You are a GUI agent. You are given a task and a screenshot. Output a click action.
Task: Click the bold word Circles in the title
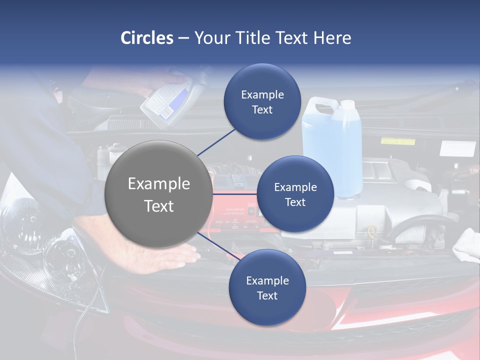tap(146, 38)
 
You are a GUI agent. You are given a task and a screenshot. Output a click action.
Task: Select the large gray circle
tap(158, 194)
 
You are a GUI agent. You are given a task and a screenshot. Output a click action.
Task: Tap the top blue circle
tap(262, 102)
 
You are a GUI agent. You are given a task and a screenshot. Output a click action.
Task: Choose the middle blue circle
tap(295, 194)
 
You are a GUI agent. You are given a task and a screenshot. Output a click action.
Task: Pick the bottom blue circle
tap(267, 287)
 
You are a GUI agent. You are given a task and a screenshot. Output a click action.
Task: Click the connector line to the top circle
tap(216, 141)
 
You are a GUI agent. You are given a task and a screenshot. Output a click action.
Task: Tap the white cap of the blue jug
tap(347, 104)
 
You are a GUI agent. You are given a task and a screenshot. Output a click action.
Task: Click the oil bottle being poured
tap(165, 102)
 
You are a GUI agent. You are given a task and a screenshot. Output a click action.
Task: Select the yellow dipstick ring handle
tap(371, 231)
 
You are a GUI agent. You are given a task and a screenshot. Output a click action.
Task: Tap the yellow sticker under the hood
tap(397, 141)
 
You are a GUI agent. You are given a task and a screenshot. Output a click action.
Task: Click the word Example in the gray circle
tap(158, 184)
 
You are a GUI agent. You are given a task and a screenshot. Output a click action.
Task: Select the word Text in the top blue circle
tap(262, 110)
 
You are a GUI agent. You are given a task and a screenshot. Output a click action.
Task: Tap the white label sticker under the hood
tap(457, 148)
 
